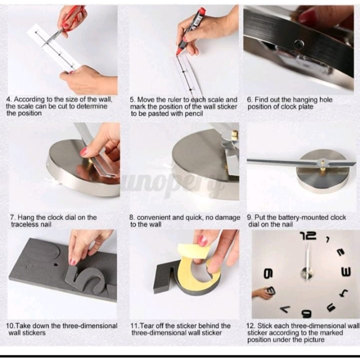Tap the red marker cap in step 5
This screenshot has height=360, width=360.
201,11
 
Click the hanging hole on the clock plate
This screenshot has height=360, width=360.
299,44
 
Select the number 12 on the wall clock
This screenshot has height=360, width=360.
308,236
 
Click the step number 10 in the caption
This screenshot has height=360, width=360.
11,326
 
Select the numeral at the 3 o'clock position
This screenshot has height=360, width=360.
346,272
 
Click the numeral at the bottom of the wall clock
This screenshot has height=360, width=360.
307,313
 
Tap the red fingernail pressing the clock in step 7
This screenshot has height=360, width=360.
84,152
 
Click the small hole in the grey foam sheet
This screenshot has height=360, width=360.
56,264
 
